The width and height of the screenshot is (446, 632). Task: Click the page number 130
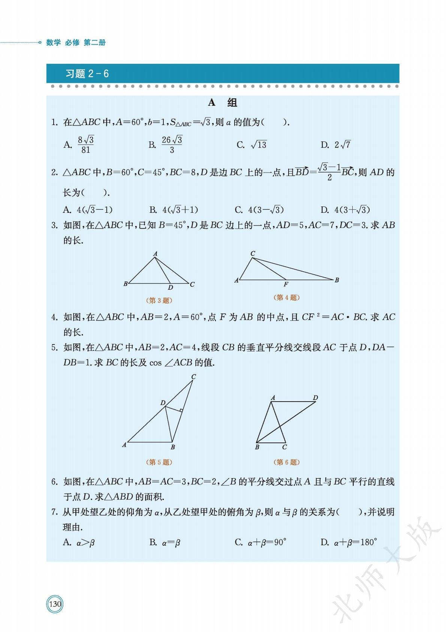[55, 604]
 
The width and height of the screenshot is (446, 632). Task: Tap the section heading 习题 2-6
[87, 74]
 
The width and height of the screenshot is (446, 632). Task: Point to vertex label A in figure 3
[155, 254]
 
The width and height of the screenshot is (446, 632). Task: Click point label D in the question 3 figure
[171, 287]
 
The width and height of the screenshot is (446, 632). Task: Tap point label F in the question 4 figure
[286, 284]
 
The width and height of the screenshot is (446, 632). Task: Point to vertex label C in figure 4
[253, 254]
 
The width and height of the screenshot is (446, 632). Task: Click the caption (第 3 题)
[159, 300]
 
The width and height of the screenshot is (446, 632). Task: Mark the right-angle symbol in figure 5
[180, 410]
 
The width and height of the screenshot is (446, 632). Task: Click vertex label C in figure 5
[193, 376]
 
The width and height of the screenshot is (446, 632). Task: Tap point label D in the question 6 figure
[315, 397]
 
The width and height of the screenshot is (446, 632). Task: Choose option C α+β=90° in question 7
[266, 542]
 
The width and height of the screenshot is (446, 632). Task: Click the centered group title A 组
[223, 102]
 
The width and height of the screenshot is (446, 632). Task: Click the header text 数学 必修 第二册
[76, 42]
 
